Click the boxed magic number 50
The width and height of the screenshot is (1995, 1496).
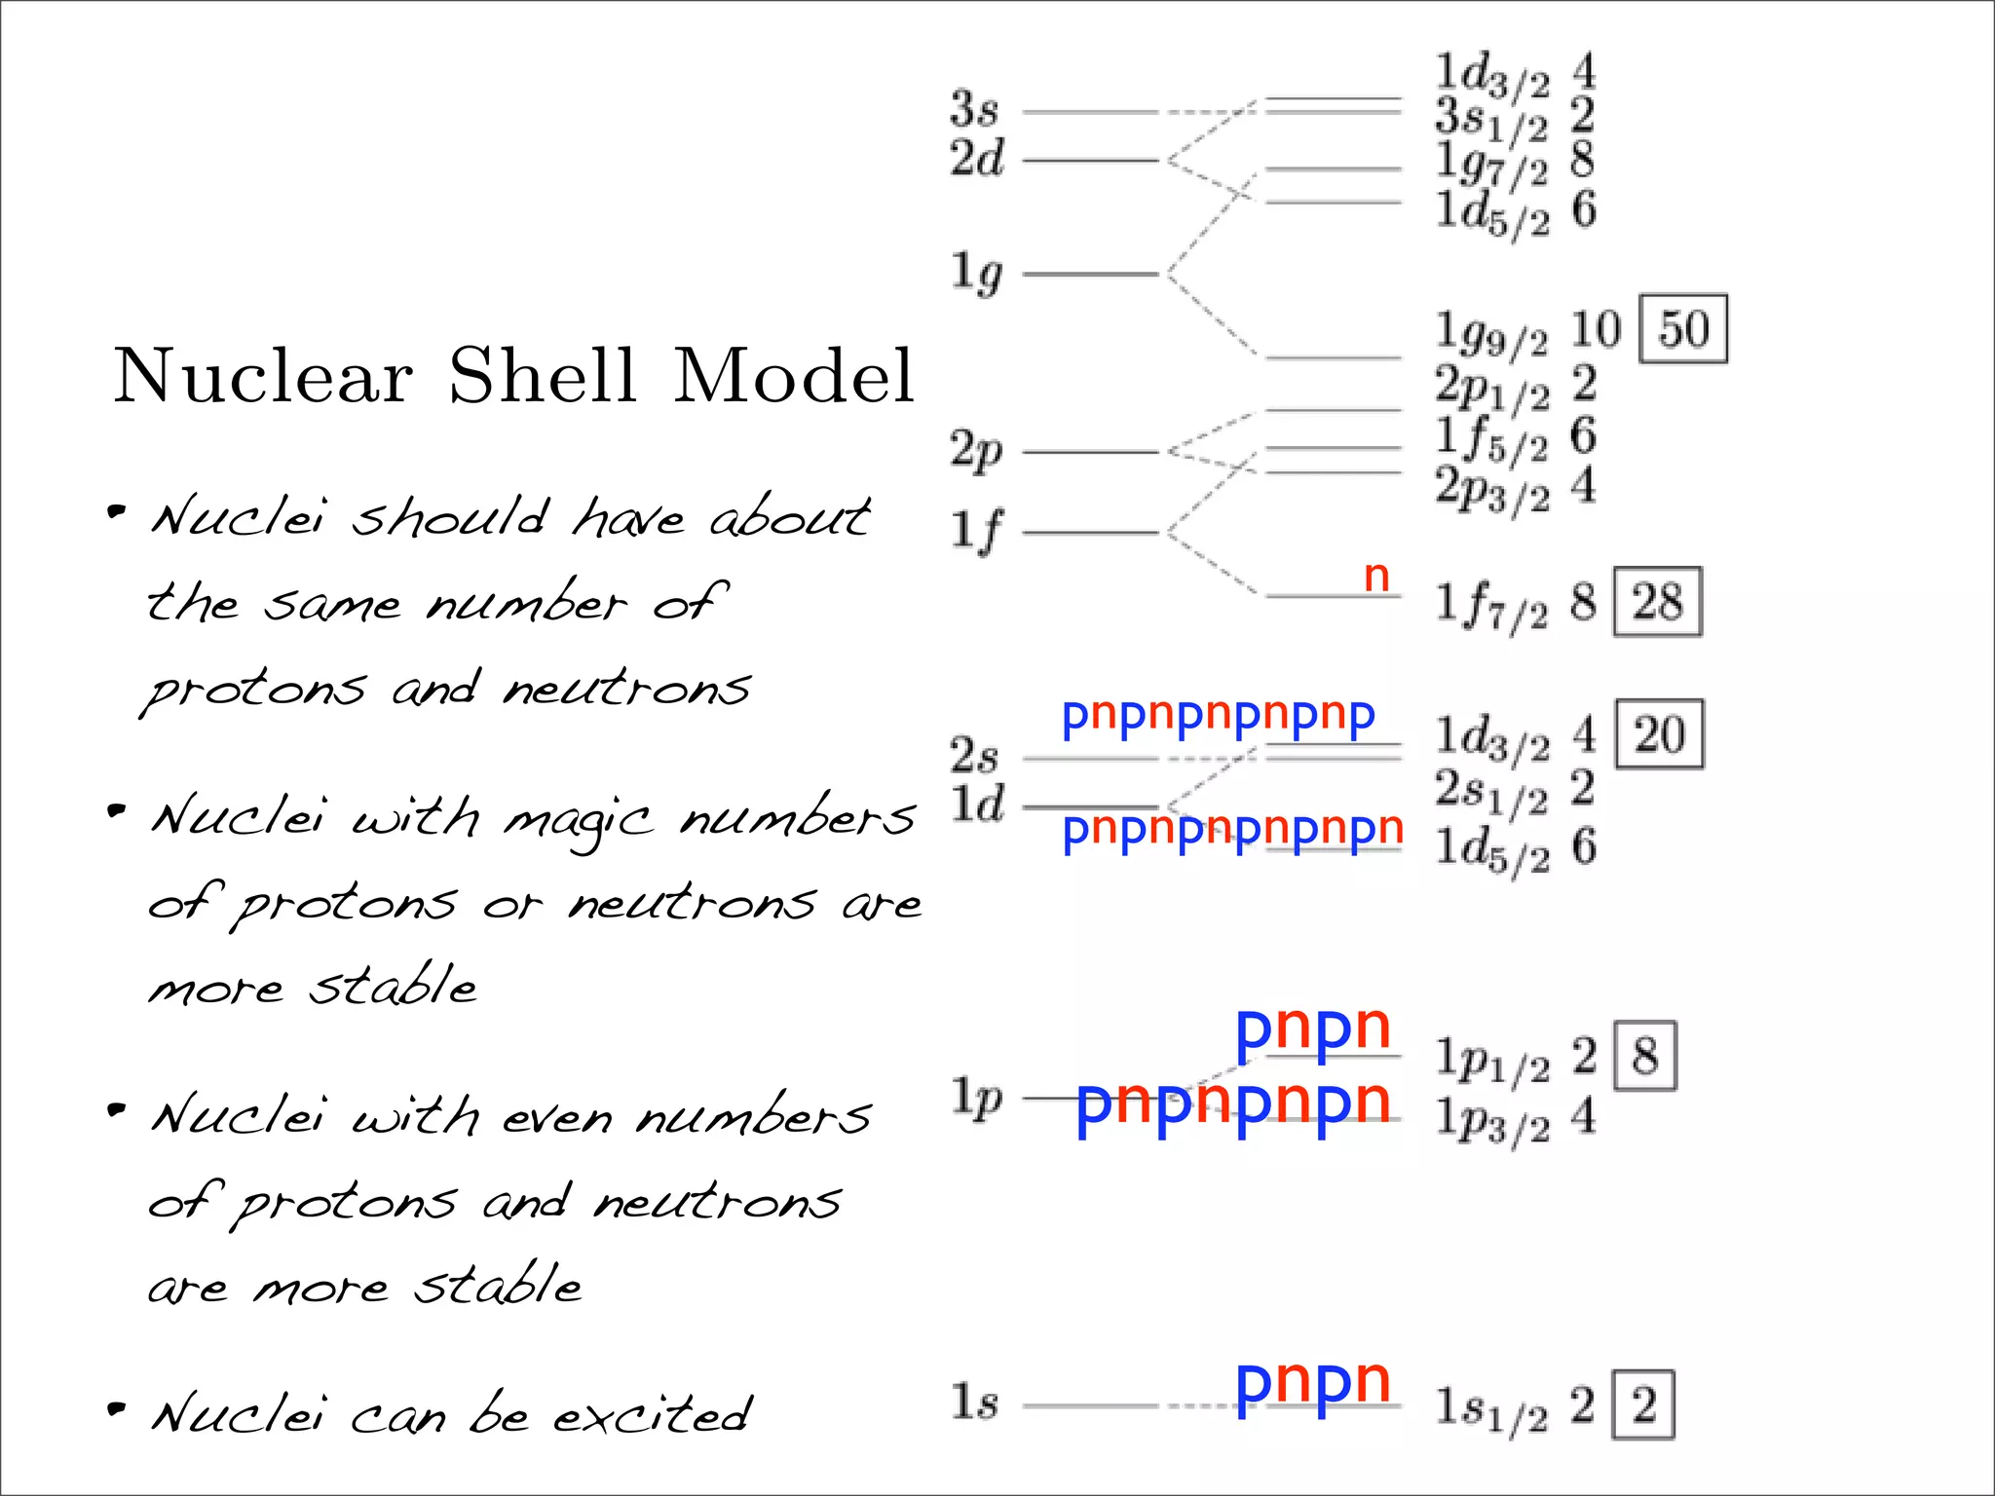1683,329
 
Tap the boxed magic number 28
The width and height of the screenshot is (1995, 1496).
1657,602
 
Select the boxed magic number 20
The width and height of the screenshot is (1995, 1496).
1659,734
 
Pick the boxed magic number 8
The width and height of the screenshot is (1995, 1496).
1644,1056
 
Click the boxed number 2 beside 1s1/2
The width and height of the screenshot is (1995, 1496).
1643,1404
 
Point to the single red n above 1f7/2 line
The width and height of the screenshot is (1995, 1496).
1375,577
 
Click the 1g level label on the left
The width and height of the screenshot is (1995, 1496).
976,273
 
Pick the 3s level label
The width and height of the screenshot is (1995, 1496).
974,109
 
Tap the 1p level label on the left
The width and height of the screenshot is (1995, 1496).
976,1097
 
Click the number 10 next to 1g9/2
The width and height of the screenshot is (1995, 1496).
1595,329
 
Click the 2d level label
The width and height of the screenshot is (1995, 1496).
976,158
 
